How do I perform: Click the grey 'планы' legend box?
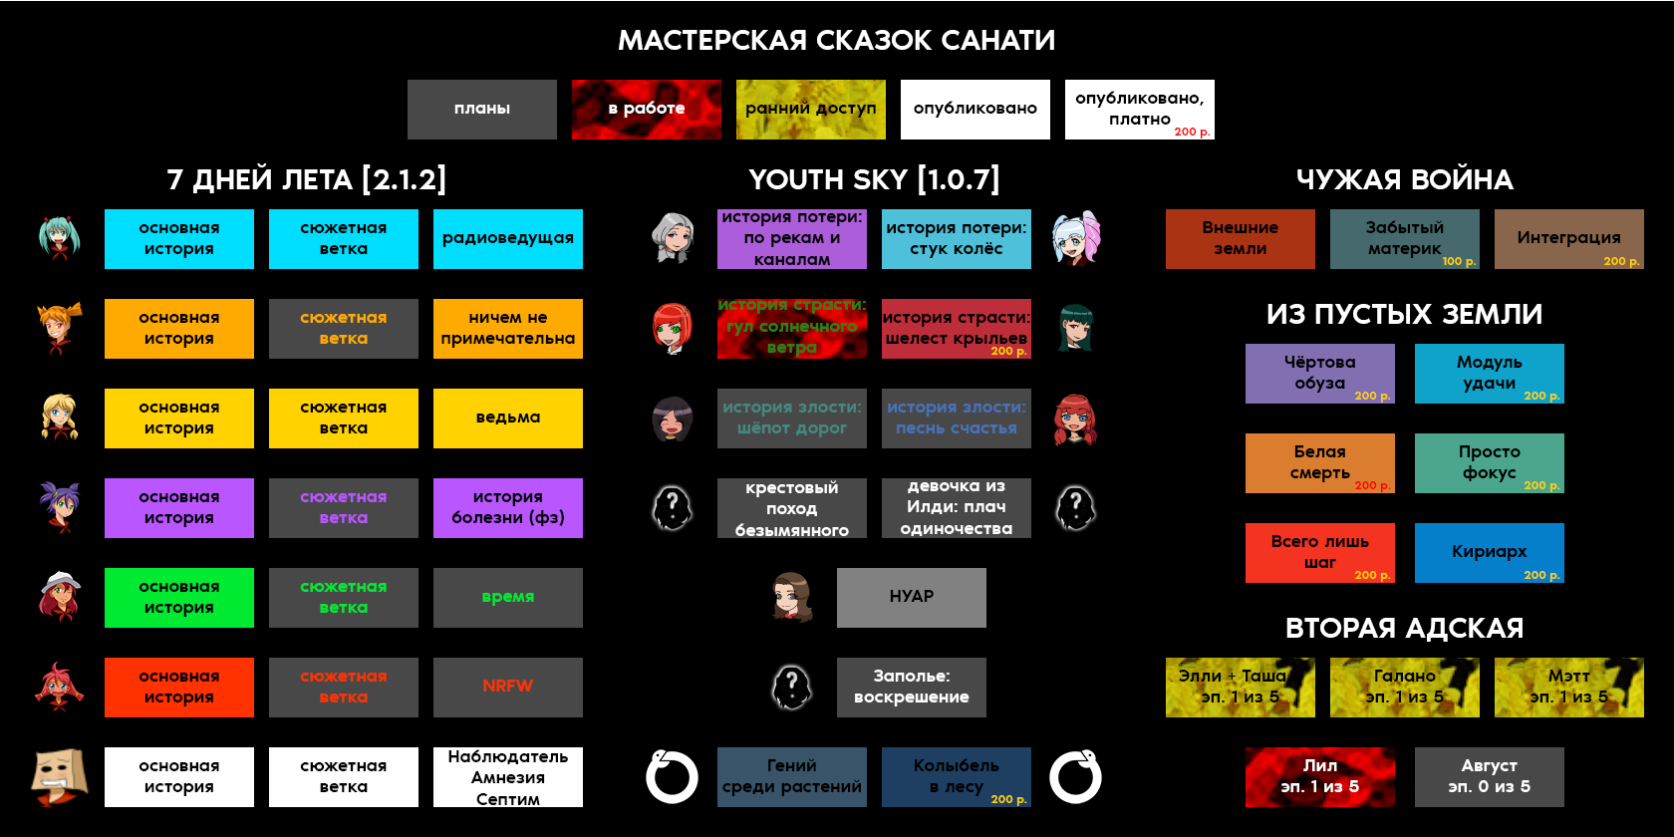[x=482, y=110]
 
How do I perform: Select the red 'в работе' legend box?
[x=647, y=110]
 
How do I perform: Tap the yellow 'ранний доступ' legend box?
[x=811, y=110]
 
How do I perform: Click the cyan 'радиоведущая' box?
[x=508, y=239]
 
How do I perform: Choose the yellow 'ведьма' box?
[x=508, y=418]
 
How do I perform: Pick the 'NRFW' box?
[x=508, y=688]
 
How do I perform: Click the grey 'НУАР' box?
[x=912, y=598]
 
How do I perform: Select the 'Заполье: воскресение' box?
[x=912, y=688]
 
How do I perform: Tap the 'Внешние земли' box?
[x=1241, y=239]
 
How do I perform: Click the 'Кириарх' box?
[x=1490, y=553]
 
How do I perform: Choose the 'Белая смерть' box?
[x=1320, y=463]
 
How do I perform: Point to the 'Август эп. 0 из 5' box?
[x=1490, y=777]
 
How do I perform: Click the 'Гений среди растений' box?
[x=792, y=777]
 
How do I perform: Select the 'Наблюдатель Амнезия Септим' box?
[x=508, y=777]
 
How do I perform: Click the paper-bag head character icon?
[x=59, y=777]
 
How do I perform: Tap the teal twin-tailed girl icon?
[x=59, y=239]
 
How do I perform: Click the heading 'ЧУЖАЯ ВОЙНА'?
[x=1404, y=179]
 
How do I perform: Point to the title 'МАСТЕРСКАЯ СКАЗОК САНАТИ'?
[x=836, y=40]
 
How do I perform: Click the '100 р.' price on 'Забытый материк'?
[x=1459, y=262]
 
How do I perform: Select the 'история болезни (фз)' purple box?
[x=508, y=508]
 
